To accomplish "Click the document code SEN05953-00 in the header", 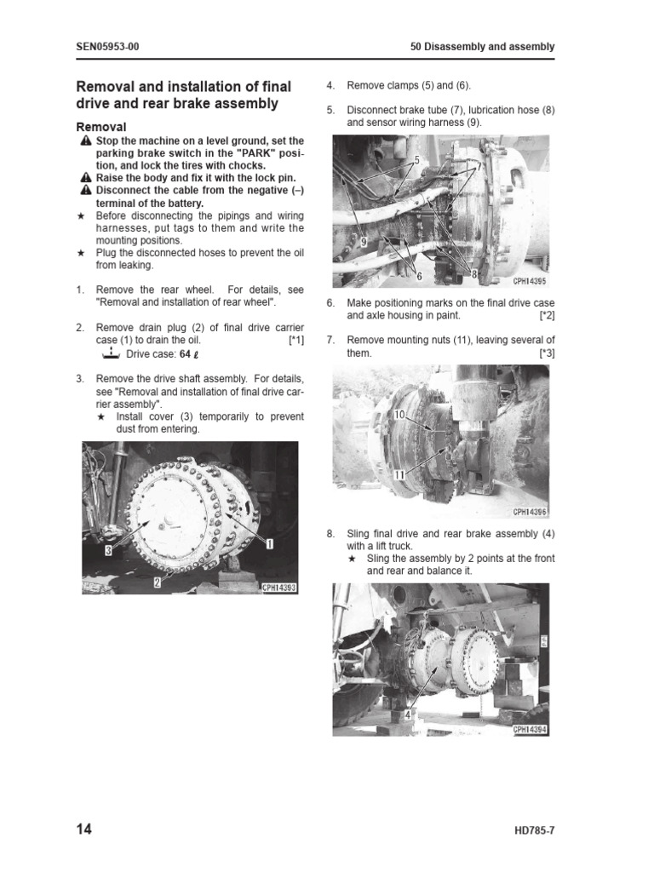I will (107, 47).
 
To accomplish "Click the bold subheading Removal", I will (101, 126).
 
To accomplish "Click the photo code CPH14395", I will (531, 280).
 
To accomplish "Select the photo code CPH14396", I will (531, 513).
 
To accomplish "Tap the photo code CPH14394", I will (531, 730).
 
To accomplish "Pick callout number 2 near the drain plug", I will (157, 582).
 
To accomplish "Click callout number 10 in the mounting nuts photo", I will (399, 414).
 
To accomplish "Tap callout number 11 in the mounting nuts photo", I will (399, 474).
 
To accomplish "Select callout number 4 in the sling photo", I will (408, 715).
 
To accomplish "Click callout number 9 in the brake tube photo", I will (363, 242).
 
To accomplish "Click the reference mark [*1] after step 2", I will (295, 340).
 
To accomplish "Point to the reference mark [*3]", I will (546, 353).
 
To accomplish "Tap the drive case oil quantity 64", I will (184, 354).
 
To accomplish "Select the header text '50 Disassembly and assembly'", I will (482, 47).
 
